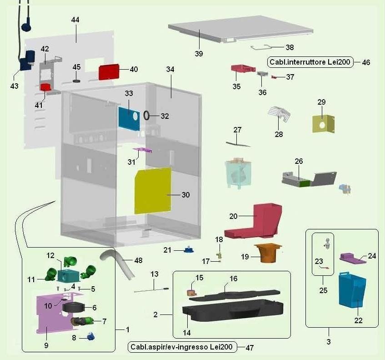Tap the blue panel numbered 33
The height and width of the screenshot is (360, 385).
pos(129,117)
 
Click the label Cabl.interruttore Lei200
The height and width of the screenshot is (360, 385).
pos(310,62)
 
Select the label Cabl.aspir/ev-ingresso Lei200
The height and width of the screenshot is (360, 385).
pos(182,347)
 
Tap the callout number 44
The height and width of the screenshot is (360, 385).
pos(75,20)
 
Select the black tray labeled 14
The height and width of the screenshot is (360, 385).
pos(232,314)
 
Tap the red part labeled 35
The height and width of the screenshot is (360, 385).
pos(243,69)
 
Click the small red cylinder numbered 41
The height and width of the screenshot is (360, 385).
pos(45,87)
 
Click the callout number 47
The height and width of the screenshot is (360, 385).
pos(250,347)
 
